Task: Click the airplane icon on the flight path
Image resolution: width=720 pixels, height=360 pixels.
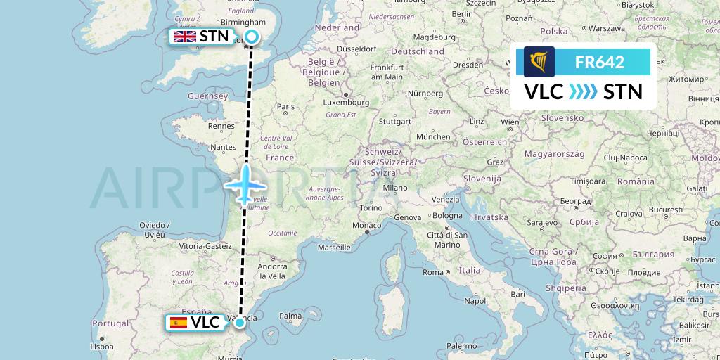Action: pyautogui.click(x=245, y=185)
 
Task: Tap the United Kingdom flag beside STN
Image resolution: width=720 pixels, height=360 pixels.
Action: pyautogui.click(x=185, y=37)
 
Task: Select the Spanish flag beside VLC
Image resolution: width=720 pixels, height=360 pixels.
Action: pyautogui.click(x=179, y=323)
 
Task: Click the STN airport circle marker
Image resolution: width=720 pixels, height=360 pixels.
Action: pyautogui.click(x=252, y=37)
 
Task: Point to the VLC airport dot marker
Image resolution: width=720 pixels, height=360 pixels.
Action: pyautogui.click(x=240, y=323)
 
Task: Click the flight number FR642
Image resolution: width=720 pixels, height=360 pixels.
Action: pyautogui.click(x=600, y=62)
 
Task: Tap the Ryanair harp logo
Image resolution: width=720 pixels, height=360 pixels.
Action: pyautogui.click(x=539, y=62)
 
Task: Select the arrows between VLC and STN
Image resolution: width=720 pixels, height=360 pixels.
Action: pyautogui.click(x=583, y=91)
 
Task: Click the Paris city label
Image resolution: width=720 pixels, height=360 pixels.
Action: pyautogui.click(x=285, y=108)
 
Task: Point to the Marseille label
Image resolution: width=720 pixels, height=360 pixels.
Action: pyautogui.click(x=334, y=247)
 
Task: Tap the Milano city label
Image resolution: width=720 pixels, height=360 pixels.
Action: pyautogui.click(x=395, y=188)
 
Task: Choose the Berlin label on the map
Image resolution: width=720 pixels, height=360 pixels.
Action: pyautogui.click(x=463, y=14)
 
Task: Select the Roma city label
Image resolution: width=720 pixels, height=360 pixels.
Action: pyautogui.click(x=433, y=272)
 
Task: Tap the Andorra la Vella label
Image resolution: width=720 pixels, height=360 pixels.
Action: pyautogui.click(x=272, y=271)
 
